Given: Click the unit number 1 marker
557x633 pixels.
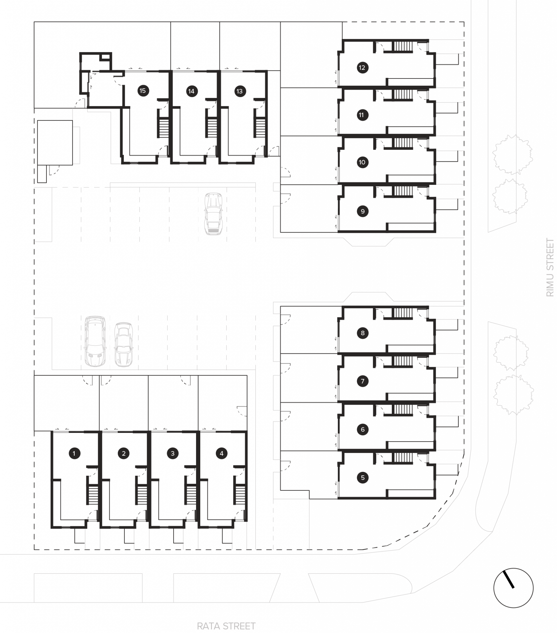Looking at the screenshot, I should pyautogui.click(x=74, y=453).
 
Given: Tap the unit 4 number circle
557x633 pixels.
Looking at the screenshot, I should pyautogui.click(x=221, y=453).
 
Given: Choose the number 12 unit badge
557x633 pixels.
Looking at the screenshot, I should pyautogui.click(x=362, y=68).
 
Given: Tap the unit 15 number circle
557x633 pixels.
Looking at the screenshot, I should pyautogui.click(x=143, y=91).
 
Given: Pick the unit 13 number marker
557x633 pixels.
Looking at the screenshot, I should pyautogui.click(x=240, y=91).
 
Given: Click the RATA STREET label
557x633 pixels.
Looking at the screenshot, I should pyautogui.click(x=226, y=626).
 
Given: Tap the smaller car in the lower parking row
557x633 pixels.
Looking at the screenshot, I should pyautogui.click(x=124, y=344).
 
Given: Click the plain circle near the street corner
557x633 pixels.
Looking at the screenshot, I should pyautogui.click(x=513, y=587).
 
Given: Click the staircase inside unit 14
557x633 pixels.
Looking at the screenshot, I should pyautogui.click(x=212, y=127).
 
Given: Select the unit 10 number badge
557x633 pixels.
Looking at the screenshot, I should pyautogui.click(x=362, y=162).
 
